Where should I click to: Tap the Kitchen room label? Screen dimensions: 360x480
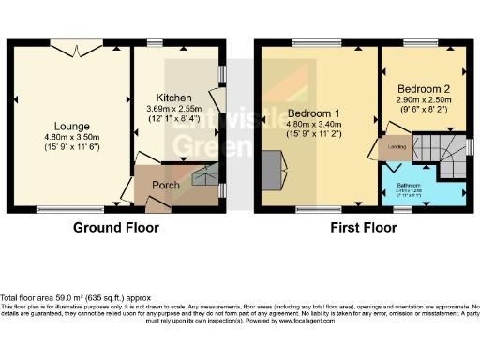coord(173,97)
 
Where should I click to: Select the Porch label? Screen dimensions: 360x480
coord(166,185)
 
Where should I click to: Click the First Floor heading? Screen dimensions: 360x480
coord(364,227)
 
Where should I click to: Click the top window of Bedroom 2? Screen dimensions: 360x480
coord(416,43)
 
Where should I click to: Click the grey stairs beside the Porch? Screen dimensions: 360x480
coord(203,174)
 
